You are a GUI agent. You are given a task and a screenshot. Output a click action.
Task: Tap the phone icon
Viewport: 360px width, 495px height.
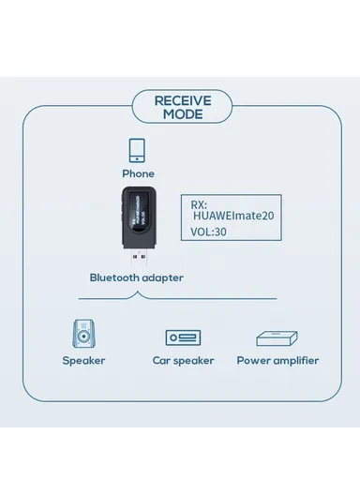tap(137, 152)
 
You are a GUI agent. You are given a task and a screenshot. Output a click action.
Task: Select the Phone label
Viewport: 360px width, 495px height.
tap(138, 174)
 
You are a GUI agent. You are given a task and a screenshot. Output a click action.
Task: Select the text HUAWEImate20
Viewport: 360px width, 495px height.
tap(220, 215)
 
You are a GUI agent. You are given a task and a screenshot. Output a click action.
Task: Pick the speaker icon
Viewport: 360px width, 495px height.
tap(83, 336)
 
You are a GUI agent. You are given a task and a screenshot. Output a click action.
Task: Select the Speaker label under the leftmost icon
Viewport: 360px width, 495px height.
tap(83, 361)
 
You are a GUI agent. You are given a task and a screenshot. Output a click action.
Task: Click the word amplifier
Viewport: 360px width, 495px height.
tap(292, 361)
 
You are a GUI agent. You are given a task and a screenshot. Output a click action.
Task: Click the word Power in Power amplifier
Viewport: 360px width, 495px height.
tap(252, 361)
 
